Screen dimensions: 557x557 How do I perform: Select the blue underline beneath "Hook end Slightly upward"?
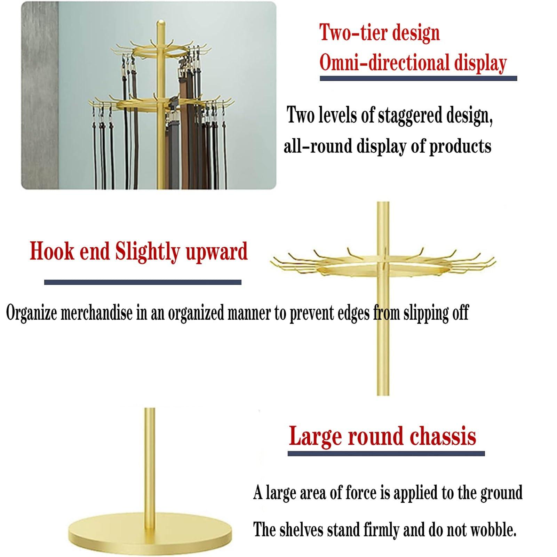[x=143, y=282]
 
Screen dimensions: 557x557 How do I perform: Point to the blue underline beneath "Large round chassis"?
[x=386, y=454]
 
